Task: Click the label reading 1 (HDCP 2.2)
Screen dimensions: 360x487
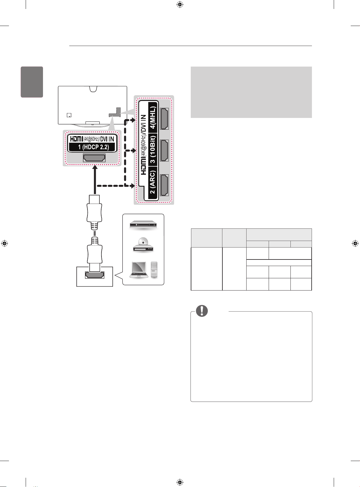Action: [94, 147]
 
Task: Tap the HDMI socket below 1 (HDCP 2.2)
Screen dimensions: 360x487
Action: [94, 158]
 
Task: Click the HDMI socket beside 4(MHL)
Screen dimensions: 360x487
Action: [164, 119]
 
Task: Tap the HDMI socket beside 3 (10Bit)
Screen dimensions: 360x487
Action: [164, 150]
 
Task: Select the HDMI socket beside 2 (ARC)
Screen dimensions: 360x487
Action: [164, 185]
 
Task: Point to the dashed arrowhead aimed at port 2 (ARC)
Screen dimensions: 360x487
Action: [132, 186]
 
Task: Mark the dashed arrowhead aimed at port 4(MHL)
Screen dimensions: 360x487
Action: [133, 120]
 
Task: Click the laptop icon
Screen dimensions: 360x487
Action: [139, 270]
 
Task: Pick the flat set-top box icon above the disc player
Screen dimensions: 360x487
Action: [143, 225]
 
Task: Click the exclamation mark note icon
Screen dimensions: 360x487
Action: [202, 311]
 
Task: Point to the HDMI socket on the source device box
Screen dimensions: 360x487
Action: [95, 275]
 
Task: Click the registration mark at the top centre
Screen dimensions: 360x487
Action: [180, 4]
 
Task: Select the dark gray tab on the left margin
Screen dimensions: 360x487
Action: [32, 82]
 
